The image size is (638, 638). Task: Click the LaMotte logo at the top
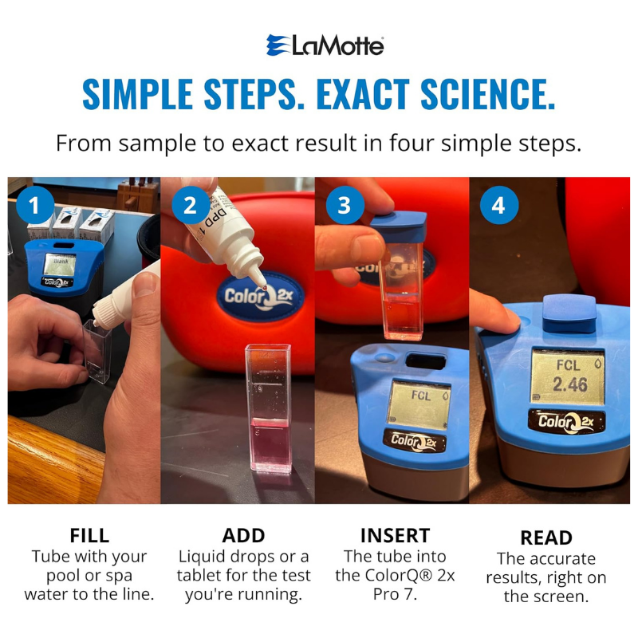(325, 45)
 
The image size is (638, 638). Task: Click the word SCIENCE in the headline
(487, 94)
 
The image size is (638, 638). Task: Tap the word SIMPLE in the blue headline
(137, 94)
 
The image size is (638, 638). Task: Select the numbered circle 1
(35, 205)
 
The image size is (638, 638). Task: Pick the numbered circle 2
(190, 205)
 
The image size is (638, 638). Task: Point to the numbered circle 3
(345, 205)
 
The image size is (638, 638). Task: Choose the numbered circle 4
(499, 205)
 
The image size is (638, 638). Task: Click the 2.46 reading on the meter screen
(569, 384)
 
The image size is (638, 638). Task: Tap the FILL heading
(89, 535)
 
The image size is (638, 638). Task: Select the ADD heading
(243, 535)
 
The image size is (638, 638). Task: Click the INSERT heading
(395, 535)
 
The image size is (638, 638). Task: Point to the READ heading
(546, 538)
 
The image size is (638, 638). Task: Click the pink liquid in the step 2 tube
(270, 444)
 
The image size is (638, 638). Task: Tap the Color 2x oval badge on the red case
(261, 296)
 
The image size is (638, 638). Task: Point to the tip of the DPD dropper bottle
(263, 288)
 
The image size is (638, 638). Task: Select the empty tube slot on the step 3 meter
(425, 361)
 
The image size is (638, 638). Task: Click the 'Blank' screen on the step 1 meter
(61, 265)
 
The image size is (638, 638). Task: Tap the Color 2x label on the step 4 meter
(566, 422)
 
